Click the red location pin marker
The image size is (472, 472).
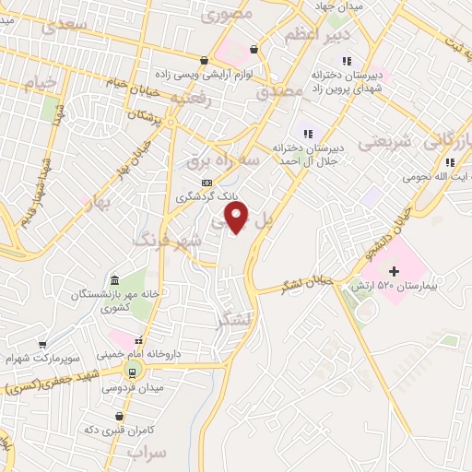pyautogui.click(x=238, y=218)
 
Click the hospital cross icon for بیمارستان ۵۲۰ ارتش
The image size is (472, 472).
pyautogui.click(x=395, y=270)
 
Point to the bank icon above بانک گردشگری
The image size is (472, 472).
pyautogui.click(x=207, y=183)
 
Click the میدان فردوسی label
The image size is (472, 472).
pyautogui.click(x=132, y=388)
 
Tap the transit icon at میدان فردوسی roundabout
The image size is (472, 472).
pyautogui.click(x=132, y=372)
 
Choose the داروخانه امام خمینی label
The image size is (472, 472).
pyautogui.click(x=141, y=353)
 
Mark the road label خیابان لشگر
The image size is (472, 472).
pyautogui.click(x=305, y=284)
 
